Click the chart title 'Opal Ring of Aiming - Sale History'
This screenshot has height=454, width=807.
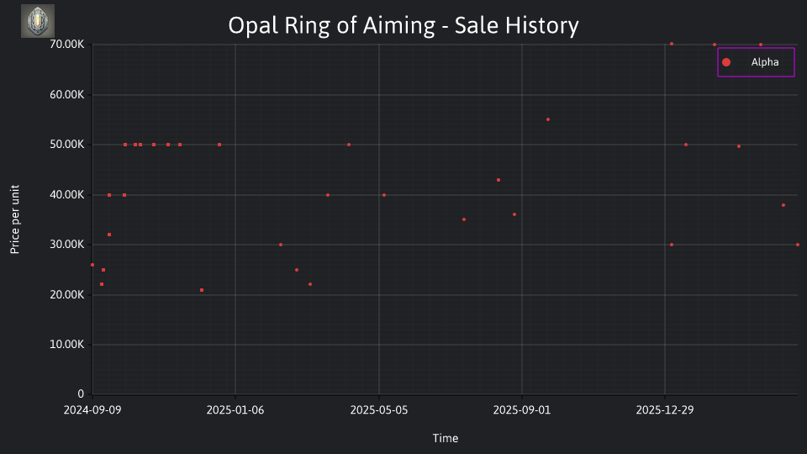pyautogui.click(x=403, y=25)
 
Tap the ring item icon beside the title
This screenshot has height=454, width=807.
pyautogui.click(x=38, y=21)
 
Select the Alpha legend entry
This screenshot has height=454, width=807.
pyautogui.click(x=756, y=62)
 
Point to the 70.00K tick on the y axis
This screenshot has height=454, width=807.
pyautogui.click(x=67, y=45)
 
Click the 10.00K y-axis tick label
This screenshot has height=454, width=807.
pyautogui.click(x=67, y=345)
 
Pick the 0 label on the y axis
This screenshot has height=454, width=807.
pyautogui.click(x=81, y=394)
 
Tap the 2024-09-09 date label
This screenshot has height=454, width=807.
pyautogui.click(x=92, y=410)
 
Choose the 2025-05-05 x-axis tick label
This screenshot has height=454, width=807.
pyautogui.click(x=379, y=410)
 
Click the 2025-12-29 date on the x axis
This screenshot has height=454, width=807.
pyautogui.click(x=665, y=410)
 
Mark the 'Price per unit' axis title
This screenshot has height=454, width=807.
pyautogui.click(x=15, y=219)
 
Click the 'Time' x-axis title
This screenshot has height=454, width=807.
pyautogui.click(x=446, y=438)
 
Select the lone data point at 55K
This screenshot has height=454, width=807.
pyautogui.click(x=548, y=119)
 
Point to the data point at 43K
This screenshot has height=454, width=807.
pyautogui.click(x=498, y=180)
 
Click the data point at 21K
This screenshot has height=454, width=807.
pyautogui.click(x=202, y=290)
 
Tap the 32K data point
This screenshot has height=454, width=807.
pyautogui.click(x=109, y=235)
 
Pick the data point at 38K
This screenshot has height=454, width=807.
pyautogui.click(x=783, y=205)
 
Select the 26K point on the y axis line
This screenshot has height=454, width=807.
pyautogui.click(x=92, y=265)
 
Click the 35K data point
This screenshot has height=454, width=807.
pyautogui.click(x=464, y=219)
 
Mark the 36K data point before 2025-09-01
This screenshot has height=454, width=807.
pyautogui.click(x=514, y=214)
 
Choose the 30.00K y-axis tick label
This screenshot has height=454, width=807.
pyautogui.click(x=67, y=245)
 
